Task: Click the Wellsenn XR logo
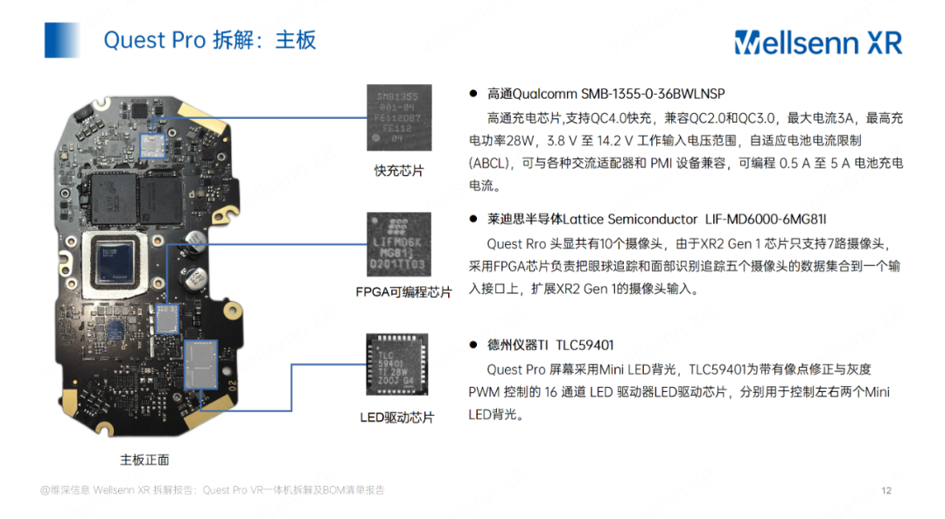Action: pyautogui.click(x=817, y=42)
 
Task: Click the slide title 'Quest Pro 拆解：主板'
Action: pyautogui.click(x=209, y=40)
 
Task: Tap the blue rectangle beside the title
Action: pyautogui.click(x=62, y=40)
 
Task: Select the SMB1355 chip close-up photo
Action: pyautogui.click(x=398, y=116)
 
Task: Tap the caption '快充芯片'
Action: pyautogui.click(x=398, y=171)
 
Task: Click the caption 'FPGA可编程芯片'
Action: pyautogui.click(x=402, y=292)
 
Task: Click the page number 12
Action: pyautogui.click(x=885, y=490)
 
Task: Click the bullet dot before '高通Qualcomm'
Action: pyautogui.click(x=472, y=94)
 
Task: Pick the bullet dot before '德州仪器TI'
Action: pyautogui.click(x=472, y=346)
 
